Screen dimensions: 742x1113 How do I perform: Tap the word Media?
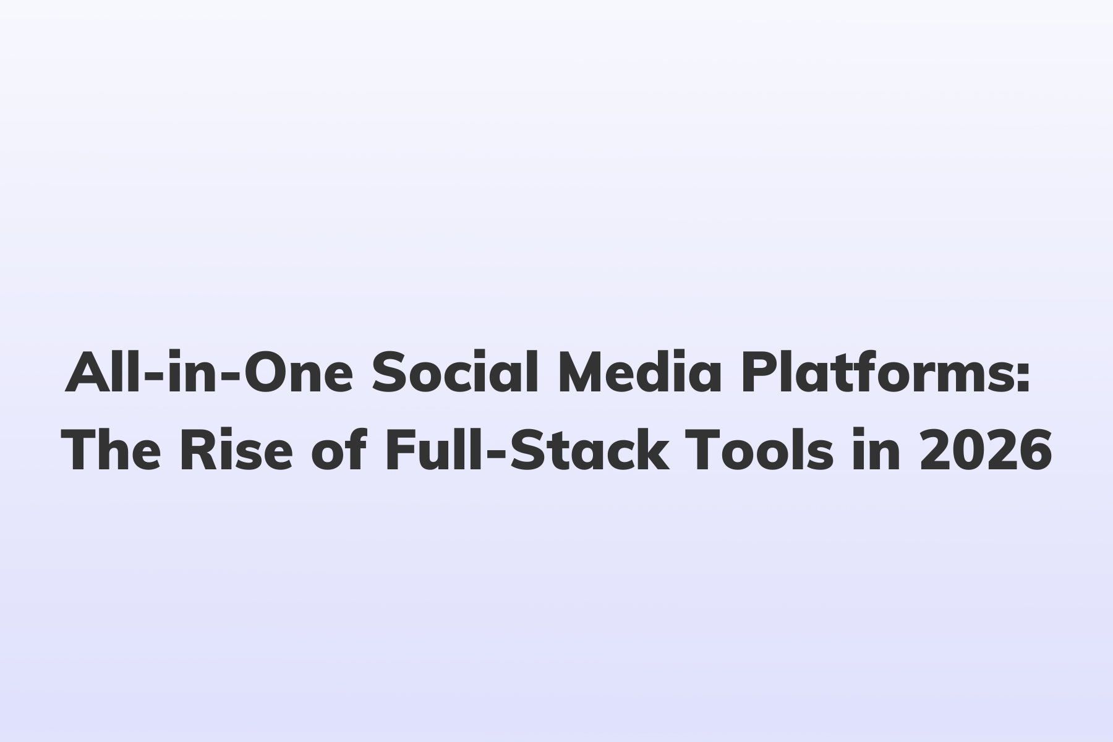[x=640, y=374]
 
